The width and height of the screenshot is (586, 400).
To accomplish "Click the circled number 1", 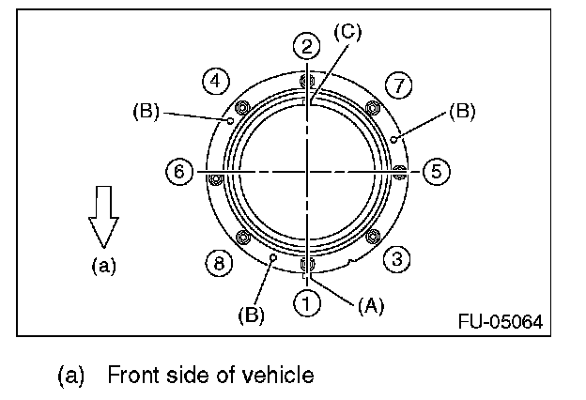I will pos(306,301).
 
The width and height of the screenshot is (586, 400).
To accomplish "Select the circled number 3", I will pos(397,260).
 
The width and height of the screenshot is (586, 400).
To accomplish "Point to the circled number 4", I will pos(217,81).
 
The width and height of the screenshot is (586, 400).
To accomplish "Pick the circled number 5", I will pos(435,171).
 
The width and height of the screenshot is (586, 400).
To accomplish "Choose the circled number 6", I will pos(177,172).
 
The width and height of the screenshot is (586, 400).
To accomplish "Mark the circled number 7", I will pos(399,86).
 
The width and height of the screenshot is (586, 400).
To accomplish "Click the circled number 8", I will pos(219,264).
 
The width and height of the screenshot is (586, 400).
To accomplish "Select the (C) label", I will pos(347,34).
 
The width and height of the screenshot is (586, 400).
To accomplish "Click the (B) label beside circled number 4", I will pos(146,110).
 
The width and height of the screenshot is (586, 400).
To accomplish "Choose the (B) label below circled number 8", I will pos(251,315).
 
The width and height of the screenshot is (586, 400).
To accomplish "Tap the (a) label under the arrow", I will pos(102,266).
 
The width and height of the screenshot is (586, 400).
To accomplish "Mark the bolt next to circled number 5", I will pos(398,171).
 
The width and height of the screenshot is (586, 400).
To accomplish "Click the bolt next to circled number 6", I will pos(216,178).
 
